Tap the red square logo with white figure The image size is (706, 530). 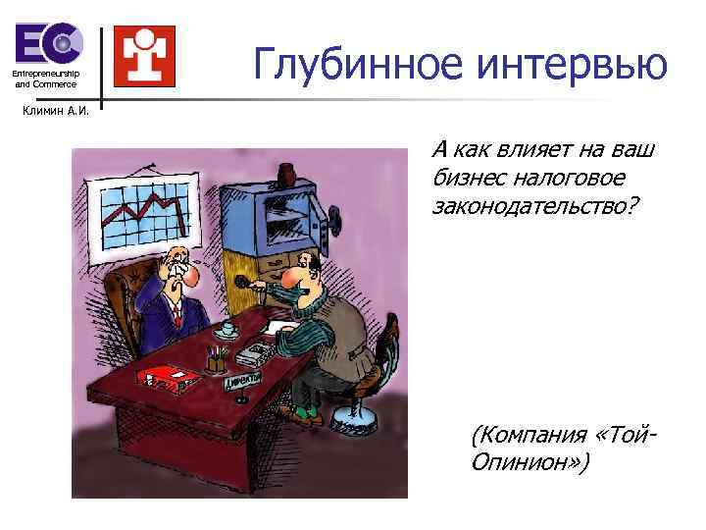(x=144, y=55)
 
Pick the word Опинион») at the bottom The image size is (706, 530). (x=530, y=461)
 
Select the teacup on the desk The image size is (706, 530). (x=227, y=327)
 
